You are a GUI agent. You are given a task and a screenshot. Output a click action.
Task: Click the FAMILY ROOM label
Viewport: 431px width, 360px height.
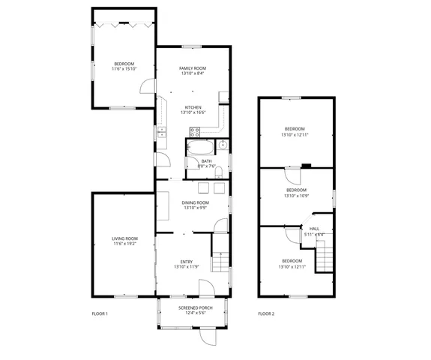pyautogui.click(x=193, y=68)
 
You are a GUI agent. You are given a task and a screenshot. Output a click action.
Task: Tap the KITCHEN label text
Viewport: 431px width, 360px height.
pyautogui.click(x=193, y=107)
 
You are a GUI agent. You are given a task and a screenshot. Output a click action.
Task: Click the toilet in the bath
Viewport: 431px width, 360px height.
pyautogui.click(x=219, y=173)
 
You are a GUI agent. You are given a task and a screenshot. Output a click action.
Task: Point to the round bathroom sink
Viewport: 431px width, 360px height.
pyautogui.click(x=223, y=145)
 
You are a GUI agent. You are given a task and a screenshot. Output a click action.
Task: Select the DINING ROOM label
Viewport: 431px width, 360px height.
pyautogui.click(x=195, y=202)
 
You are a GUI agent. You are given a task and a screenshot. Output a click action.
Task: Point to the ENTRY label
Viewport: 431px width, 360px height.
pyautogui.click(x=186, y=262)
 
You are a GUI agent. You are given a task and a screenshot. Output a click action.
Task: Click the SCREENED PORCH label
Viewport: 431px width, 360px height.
pyautogui.click(x=195, y=307)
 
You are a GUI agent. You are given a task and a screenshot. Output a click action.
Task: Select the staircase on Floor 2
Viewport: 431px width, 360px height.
pyautogui.click(x=323, y=259)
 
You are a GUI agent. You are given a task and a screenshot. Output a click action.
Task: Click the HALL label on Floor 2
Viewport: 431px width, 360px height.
pyautogui.click(x=314, y=229)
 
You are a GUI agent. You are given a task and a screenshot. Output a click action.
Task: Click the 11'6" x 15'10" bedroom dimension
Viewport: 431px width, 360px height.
pyautogui.click(x=124, y=68)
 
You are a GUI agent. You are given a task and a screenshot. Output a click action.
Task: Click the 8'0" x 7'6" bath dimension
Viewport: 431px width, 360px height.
pyautogui.click(x=206, y=166)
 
